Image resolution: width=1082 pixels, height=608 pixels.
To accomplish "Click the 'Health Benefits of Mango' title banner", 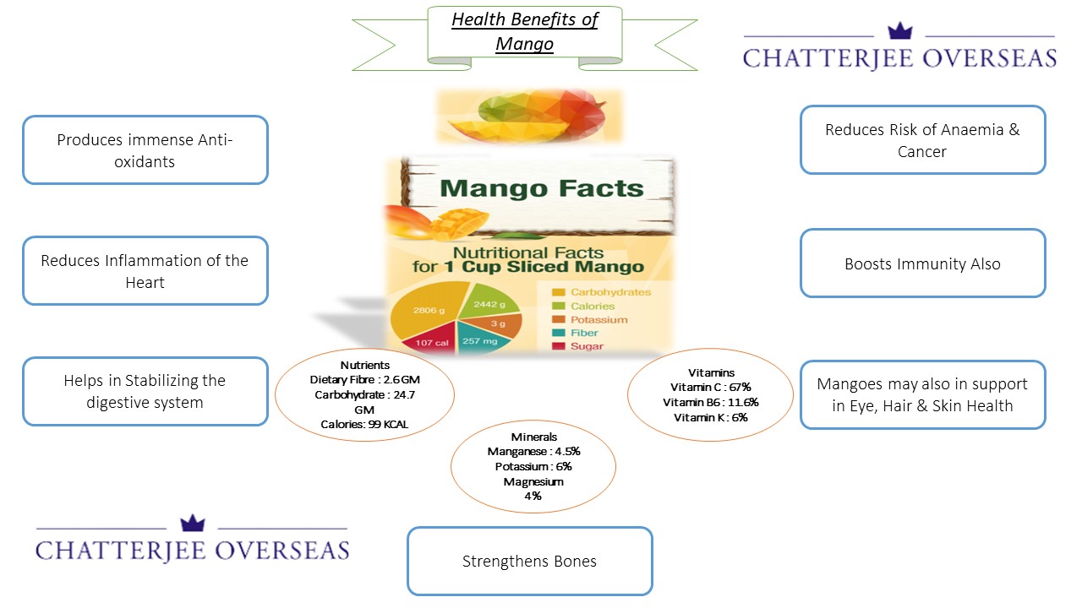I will click(524, 32).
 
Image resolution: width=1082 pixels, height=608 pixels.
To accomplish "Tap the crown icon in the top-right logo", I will click(899, 32).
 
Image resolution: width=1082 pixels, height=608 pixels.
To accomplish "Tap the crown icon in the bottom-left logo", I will click(193, 523).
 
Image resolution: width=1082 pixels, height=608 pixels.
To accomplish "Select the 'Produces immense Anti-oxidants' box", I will click(145, 150).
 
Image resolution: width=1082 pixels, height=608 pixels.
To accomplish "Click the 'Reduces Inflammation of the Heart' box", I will click(145, 271).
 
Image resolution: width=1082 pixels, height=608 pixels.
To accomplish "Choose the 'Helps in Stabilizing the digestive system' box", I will click(145, 391).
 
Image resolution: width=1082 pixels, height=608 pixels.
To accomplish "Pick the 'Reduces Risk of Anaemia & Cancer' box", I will click(922, 140).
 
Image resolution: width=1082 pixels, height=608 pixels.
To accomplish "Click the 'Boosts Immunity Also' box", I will click(922, 263).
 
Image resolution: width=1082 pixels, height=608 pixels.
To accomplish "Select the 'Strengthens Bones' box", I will click(529, 562).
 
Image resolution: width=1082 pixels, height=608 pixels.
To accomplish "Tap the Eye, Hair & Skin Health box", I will click(922, 394).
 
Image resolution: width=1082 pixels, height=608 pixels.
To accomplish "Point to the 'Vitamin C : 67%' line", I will click(710, 387).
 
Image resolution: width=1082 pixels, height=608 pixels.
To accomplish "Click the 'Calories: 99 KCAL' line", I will click(364, 424).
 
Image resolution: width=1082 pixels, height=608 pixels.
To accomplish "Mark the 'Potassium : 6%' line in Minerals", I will click(533, 466).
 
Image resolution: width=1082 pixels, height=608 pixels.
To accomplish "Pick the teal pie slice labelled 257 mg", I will click(483, 341).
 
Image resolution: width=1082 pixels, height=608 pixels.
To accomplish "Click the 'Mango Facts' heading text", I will click(542, 187).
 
